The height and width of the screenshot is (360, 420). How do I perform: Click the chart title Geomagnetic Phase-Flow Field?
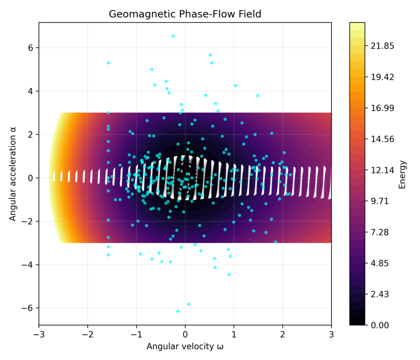(x=185, y=14)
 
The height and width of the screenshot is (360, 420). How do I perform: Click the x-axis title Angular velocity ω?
(x=185, y=347)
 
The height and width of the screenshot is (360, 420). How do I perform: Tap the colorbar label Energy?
(x=402, y=174)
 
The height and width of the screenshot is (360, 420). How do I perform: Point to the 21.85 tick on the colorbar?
(x=382, y=46)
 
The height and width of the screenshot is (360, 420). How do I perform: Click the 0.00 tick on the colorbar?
(x=380, y=325)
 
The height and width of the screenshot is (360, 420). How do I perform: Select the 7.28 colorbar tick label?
(x=380, y=232)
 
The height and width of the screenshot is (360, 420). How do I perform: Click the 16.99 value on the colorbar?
(x=382, y=108)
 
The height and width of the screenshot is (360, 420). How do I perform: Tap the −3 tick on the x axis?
(x=39, y=334)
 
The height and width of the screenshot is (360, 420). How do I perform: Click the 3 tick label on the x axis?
(x=331, y=334)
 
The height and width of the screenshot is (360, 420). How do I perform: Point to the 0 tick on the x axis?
(x=185, y=334)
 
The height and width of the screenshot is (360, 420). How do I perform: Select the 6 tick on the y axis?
(x=31, y=48)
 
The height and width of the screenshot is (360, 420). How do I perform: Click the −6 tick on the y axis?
(x=29, y=308)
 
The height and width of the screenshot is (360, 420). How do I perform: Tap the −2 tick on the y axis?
(x=29, y=221)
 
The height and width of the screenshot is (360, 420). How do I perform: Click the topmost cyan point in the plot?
(x=173, y=36)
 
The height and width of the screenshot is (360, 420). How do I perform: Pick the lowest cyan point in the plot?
(x=177, y=311)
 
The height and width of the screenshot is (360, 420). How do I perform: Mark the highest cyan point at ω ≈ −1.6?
(x=108, y=63)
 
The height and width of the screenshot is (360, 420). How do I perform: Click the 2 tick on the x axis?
(x=283, y=334)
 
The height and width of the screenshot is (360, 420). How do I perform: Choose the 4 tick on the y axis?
(x=31, y=91)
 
